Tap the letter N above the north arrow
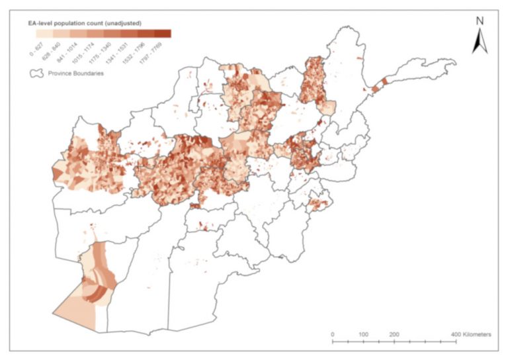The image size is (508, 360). pyautogui.click(x=480, y=21)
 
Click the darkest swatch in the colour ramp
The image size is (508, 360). pyautogui.click(x=163, y=33)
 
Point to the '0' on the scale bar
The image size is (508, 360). pyautogui.click(x=332, y=335)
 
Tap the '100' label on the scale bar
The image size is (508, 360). pyautogui.click(x=363, y=335)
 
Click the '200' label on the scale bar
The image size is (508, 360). pyautogui.click(x=394, y=335)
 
